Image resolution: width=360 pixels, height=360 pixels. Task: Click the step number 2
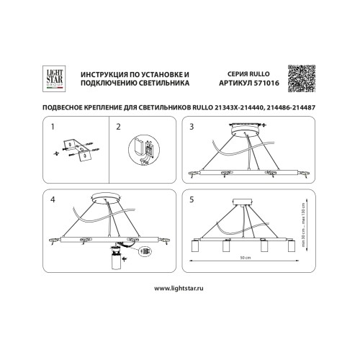coord(118,126)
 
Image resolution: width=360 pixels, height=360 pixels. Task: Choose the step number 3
coord(192,126)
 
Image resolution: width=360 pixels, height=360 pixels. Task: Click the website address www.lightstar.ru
coord(180,287)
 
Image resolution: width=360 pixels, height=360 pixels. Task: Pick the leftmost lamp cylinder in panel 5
coord(195,248)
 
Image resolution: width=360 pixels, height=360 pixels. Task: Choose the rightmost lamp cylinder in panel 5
coord(292,248)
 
